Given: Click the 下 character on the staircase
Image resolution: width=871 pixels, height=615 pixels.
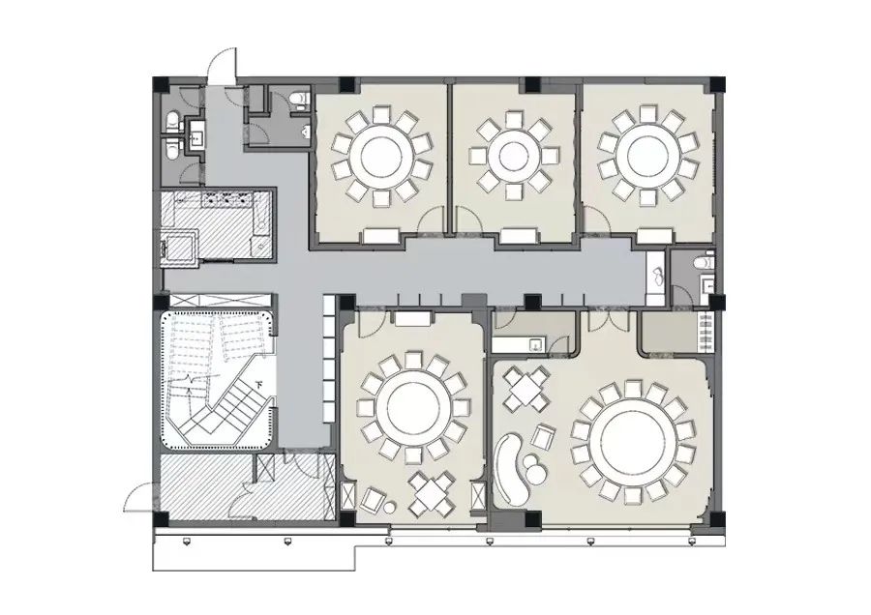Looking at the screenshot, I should click(260, 384).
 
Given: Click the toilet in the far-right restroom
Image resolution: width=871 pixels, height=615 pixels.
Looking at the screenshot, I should click(706, 262).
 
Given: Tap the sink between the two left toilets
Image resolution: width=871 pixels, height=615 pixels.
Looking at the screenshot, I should click(196, 137).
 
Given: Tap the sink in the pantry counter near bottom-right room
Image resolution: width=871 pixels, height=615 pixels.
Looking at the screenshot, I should click(535, 342).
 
